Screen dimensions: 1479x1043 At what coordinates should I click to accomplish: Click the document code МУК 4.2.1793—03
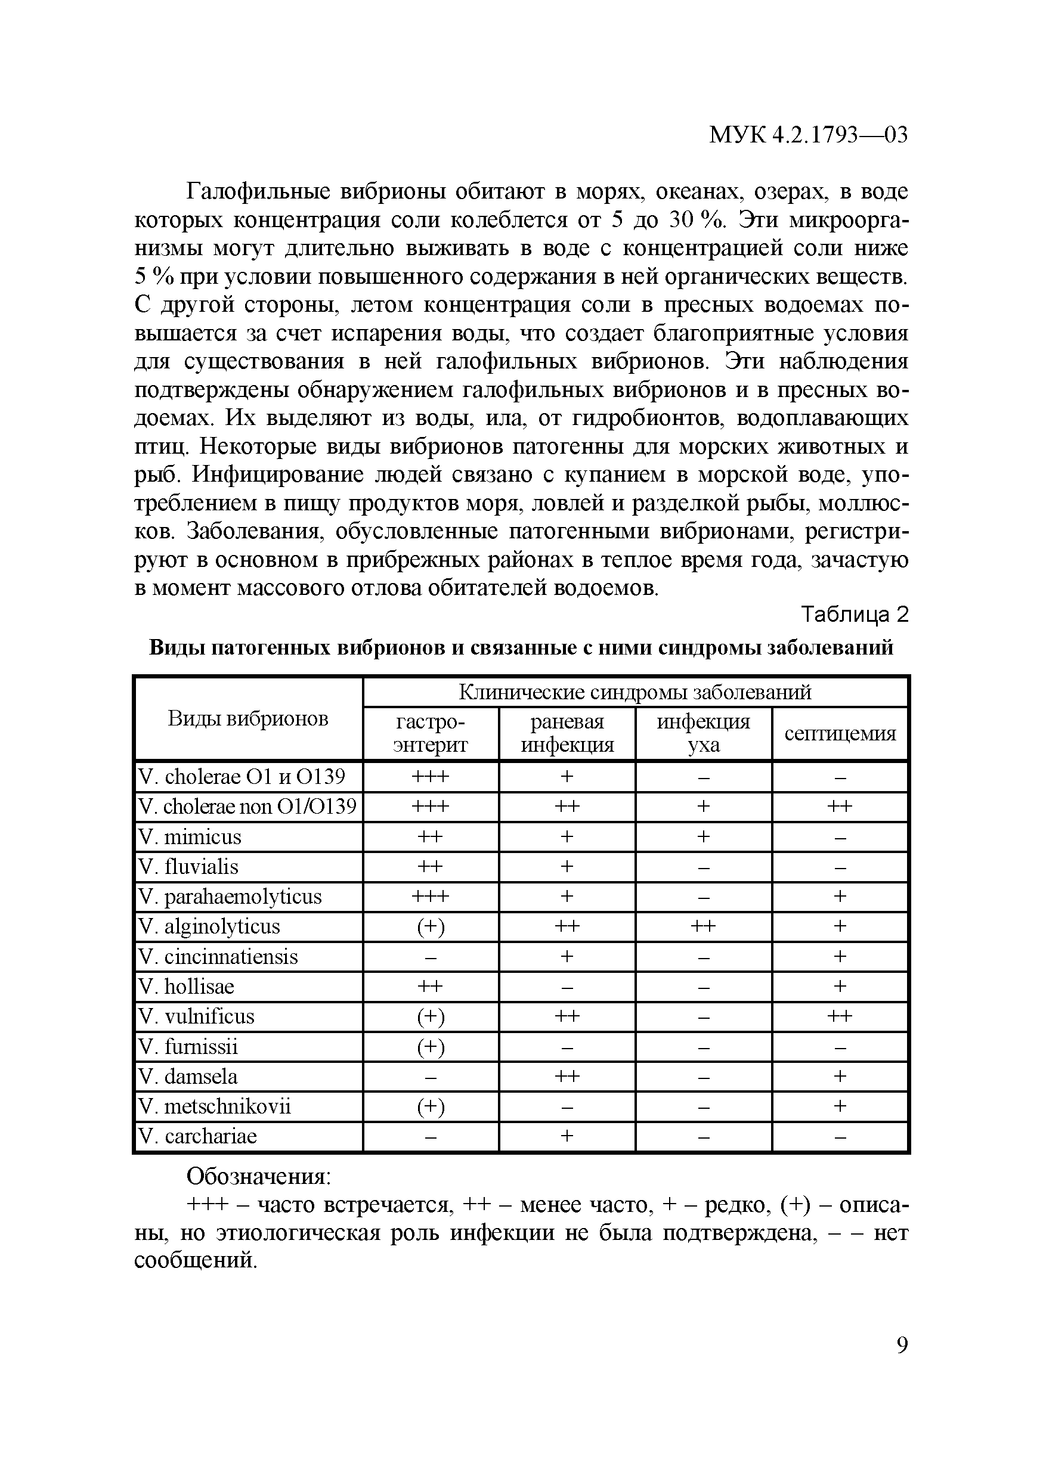point(808,135)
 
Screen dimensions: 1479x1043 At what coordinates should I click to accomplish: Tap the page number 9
point(902,1345)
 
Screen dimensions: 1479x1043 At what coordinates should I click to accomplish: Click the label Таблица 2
point(854,615)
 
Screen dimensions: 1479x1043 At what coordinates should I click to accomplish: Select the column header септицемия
point(840,734)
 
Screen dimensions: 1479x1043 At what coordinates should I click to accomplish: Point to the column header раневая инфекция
point(567,734)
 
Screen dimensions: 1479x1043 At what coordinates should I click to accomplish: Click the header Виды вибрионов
point(248,718)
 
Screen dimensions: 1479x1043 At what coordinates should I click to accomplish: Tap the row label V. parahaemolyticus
point(230,897)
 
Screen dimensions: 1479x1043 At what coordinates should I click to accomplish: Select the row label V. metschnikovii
point(215,1106)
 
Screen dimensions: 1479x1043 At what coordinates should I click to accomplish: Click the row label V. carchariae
point(198,1136)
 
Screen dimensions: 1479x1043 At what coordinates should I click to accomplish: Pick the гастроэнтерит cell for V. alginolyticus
point(431,927)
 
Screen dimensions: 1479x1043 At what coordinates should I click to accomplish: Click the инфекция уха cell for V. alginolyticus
point(703,927)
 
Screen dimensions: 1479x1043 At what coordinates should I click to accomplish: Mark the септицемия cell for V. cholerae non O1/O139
point(840,807)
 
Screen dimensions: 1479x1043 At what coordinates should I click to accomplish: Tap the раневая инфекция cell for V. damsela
point(567,1077)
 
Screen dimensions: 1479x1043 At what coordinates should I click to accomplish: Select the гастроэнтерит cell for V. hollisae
point(431,987)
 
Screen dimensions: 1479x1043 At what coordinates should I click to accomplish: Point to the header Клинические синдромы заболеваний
point(635,693)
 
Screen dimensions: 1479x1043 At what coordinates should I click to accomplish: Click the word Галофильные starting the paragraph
point(258,192)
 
